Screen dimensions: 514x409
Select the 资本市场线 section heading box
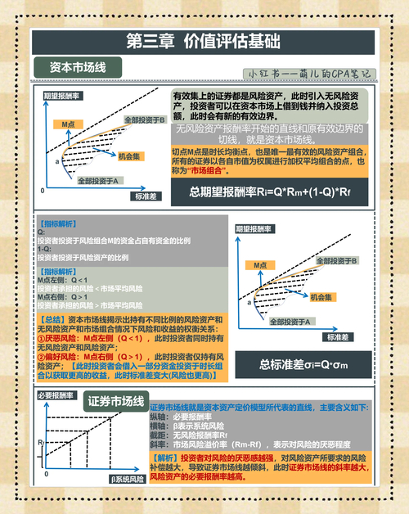[x=79, y=67]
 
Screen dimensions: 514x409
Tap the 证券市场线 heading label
[x=117, y=402]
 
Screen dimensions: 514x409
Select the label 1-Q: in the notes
[x=44, y=248]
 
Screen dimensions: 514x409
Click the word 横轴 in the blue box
[x=166, y=425]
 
